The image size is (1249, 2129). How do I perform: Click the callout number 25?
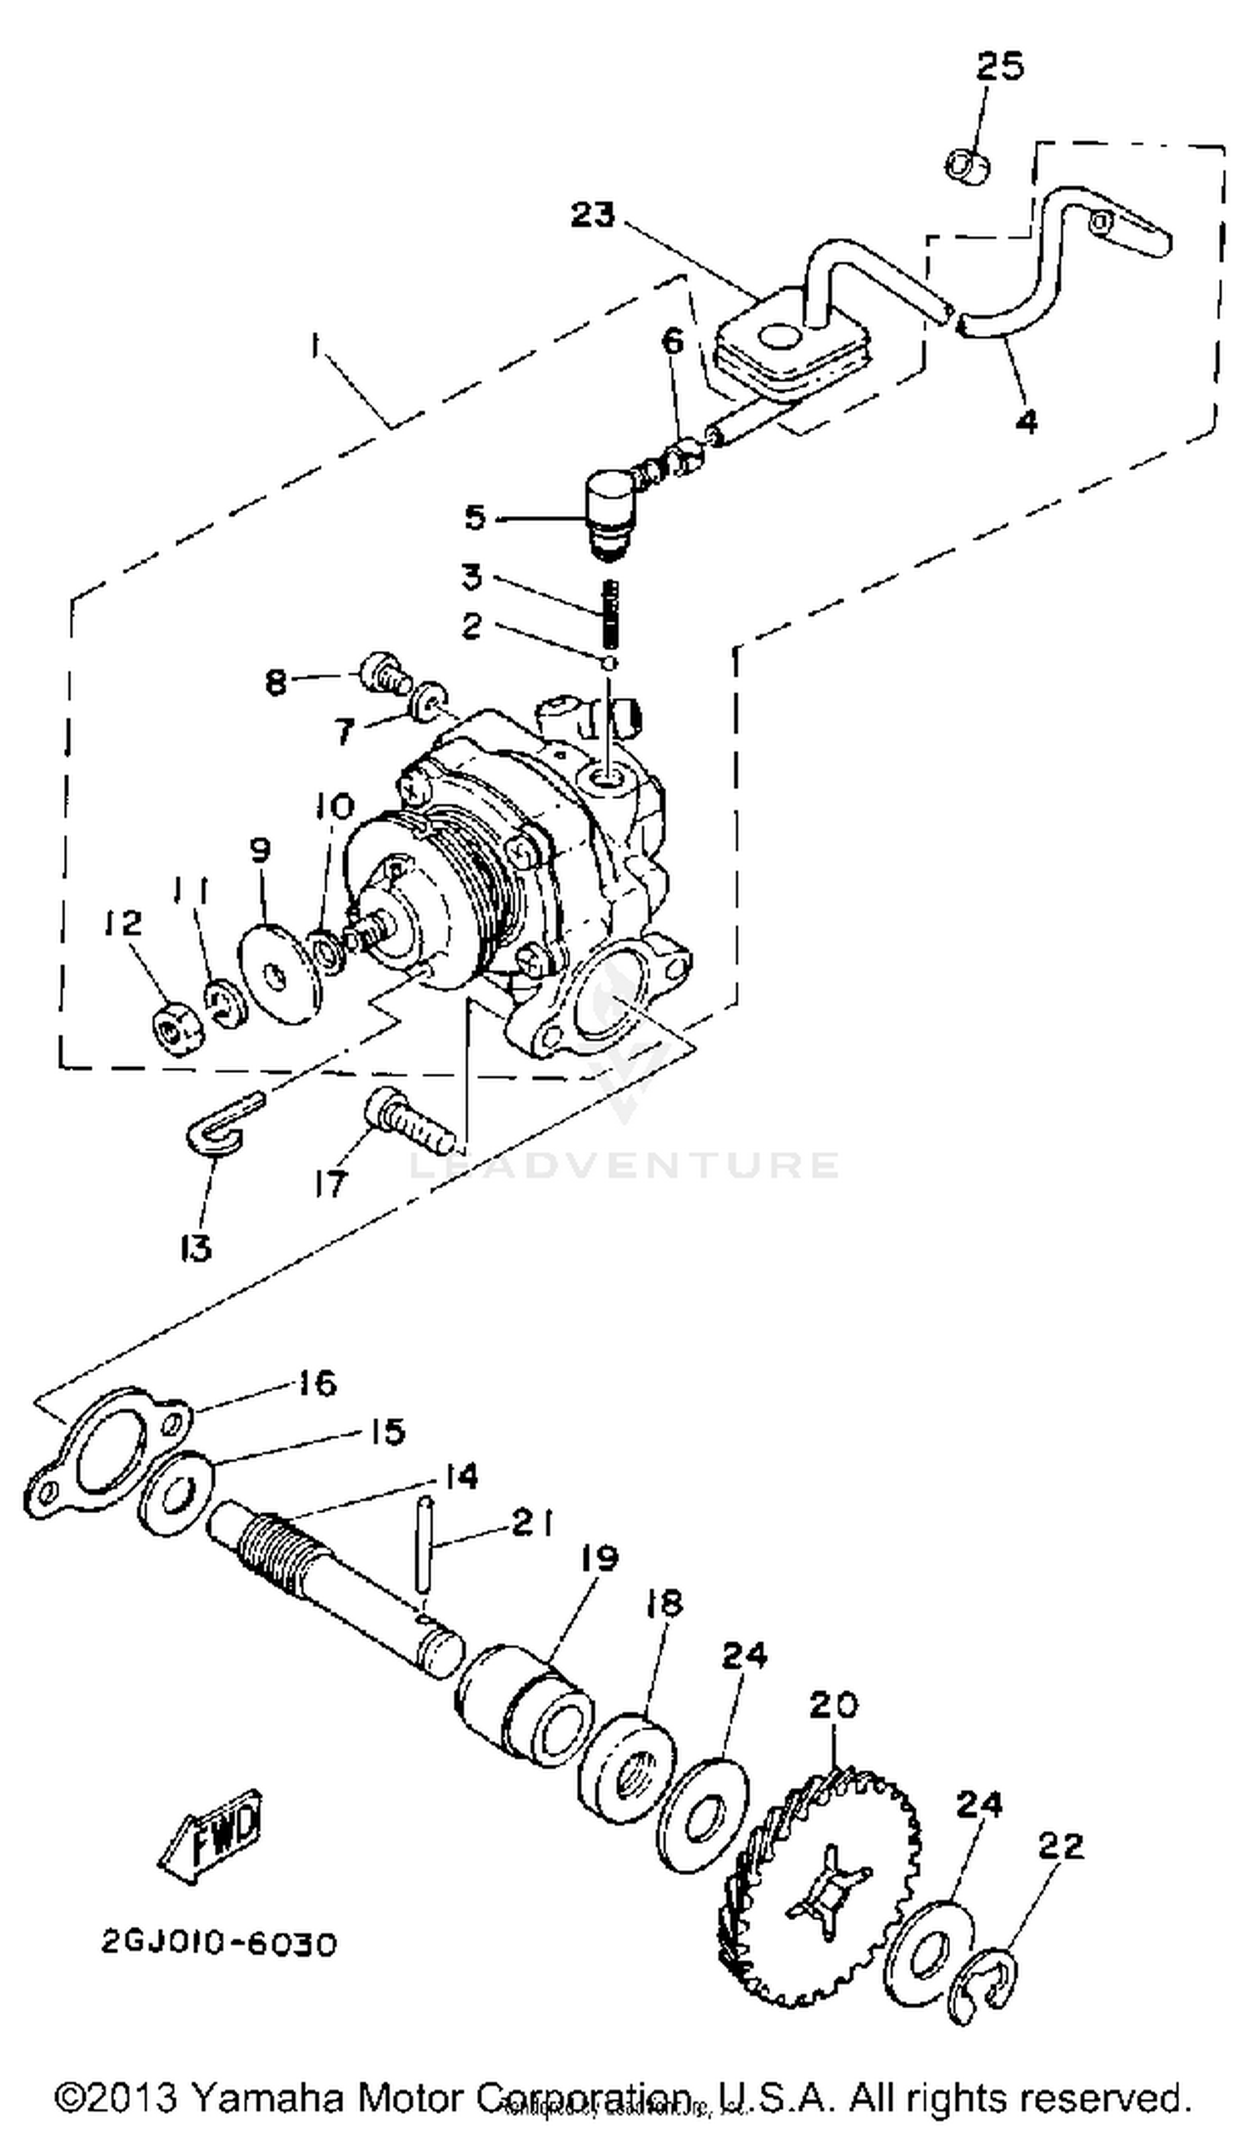coord(1000,66)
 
